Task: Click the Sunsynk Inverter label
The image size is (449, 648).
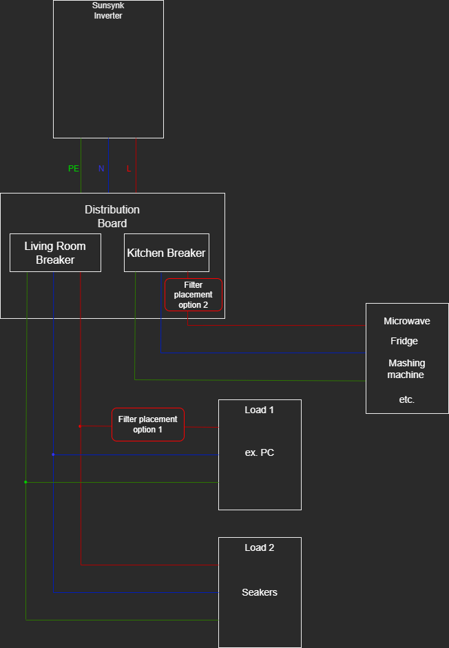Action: point(108,10)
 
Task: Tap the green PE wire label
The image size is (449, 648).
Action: point(74,169)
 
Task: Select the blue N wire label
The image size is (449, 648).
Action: point(101,169)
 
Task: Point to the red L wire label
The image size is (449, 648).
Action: point(129,169)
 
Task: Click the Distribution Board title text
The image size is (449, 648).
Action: point(112,216)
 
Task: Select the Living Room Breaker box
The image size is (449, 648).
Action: point(55,253)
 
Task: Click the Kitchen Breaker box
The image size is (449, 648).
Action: point(166,253)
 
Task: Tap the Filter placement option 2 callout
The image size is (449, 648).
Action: point(194,295)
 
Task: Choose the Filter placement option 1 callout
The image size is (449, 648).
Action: point(148,424)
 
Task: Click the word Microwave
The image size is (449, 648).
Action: point(407,321)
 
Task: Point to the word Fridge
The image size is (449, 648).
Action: point(404,341)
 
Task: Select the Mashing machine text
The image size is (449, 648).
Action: point(406,369)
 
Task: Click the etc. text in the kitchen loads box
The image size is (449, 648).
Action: point(407,399)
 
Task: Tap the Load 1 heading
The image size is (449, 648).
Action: point(260,410)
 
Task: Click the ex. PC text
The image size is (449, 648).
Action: point(260,452)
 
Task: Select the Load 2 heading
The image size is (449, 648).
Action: point(260,547)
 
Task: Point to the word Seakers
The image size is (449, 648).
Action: point(260,592)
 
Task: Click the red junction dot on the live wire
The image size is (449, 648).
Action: point(80,426)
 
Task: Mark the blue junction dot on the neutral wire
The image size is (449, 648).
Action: point(53,454)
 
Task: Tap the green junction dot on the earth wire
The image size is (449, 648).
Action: point(25,482)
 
